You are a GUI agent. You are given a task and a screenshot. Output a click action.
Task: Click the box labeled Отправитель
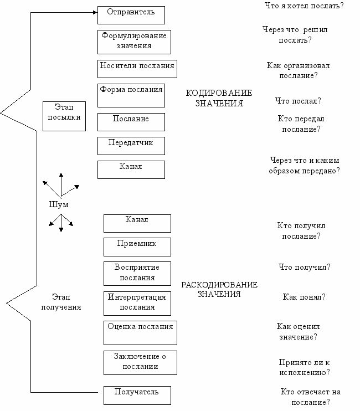[x=131, y=15]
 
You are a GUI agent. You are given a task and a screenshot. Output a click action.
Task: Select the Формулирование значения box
[x=134, y=42]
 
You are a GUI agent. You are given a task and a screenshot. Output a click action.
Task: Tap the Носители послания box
[x=137, y=69]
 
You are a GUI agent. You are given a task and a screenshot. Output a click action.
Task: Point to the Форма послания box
[x=131, y=95]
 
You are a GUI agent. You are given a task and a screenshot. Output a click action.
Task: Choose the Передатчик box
[x=131, y=145]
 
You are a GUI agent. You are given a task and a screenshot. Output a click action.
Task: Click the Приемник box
[x=137, y=246]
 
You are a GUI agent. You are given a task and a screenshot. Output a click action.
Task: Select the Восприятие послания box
[x=137, y=273]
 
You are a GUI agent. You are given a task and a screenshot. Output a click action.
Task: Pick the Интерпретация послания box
[x=137, y=303]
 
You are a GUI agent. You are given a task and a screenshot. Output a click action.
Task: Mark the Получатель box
[x=137, y=395]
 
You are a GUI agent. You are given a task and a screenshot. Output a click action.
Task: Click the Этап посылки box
[x=64, y=116]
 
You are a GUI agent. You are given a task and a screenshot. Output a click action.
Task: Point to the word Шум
[x=59, y=204]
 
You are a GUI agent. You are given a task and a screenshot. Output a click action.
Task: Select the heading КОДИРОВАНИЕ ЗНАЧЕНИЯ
[x=219, y=98]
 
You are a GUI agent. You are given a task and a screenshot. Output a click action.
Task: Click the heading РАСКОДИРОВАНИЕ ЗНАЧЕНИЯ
[x=219, y=289]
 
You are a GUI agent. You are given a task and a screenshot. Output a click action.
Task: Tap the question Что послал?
[x=298, y=101]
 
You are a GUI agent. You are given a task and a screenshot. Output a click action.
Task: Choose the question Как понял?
[x=304, y=297]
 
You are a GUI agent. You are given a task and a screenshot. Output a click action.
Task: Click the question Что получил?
[x=304, y=267]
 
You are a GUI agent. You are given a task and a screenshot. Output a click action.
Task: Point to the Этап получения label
[x=61, y=302]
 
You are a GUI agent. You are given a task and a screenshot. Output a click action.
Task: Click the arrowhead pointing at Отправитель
[x=94, y=11]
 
